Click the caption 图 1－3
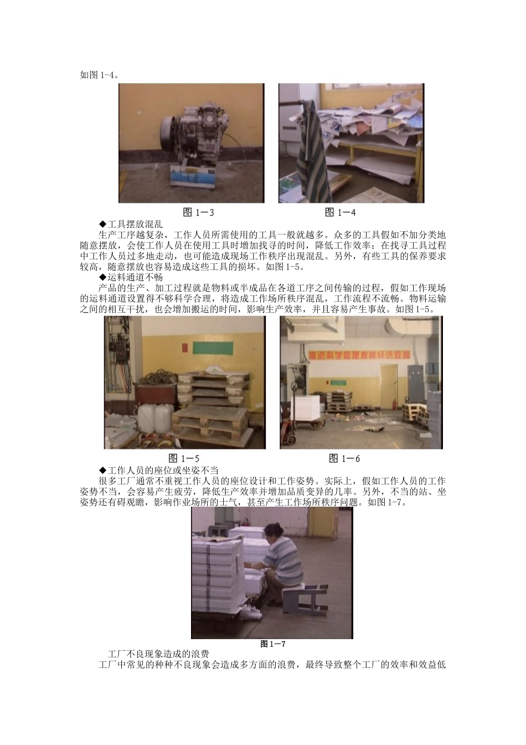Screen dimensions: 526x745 (x=199, y=212)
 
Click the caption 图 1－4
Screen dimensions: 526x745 (x=340, y=212)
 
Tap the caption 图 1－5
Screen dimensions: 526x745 (x=184, y=458)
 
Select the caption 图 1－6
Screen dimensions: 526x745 (x=344, y=458)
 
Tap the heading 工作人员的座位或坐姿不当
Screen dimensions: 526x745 (x=159, y=470)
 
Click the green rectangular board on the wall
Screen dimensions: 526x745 (x=213, y=348)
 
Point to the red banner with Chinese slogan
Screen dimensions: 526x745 (x=359, y=354)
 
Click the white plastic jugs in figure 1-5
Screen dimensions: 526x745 (x=156, y=418)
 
